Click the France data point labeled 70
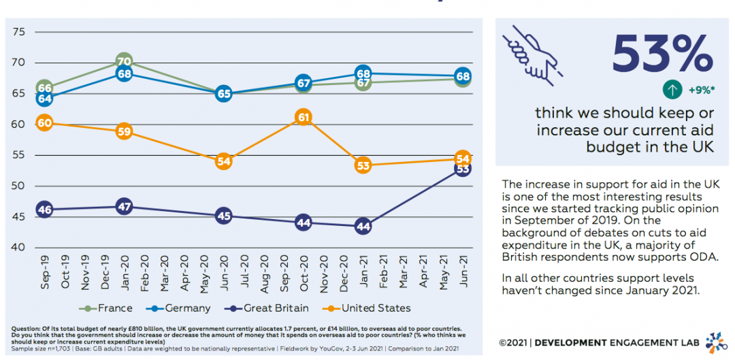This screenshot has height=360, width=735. [x=124, y=62]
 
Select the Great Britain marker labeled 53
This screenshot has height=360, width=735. [x=463, y=169]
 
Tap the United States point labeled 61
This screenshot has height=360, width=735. [x=304, y=118]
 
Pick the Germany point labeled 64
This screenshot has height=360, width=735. [x=45, y=99]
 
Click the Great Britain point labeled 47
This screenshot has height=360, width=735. [x=124, y=207]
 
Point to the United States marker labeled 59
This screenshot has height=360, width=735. [x=124, y=132]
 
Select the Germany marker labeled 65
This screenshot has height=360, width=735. [x=224, y=95]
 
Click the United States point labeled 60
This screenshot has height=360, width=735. [x=45, y=123]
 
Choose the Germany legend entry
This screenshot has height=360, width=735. [x=180, y=308]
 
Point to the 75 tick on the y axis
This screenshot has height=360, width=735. [x=19, y=32]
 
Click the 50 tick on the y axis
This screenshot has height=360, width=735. [x=19, y=186]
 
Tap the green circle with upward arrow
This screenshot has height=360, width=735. [x=672, y=89]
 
